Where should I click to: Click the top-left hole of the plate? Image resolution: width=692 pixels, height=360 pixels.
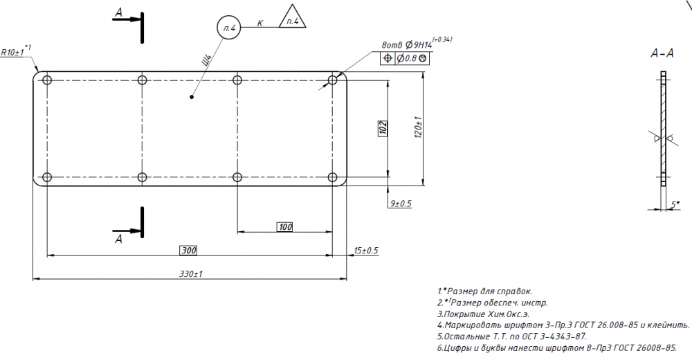coord(47,80)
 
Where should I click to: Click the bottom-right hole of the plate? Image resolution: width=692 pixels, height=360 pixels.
coord(332,177)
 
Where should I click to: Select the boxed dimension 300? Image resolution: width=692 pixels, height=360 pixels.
coord(188,251)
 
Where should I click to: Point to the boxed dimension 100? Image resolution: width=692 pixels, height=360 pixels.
coord(285,227)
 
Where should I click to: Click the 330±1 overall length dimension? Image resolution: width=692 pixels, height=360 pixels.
coord(191,274)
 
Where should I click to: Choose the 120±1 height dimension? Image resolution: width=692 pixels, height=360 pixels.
coord(419,127)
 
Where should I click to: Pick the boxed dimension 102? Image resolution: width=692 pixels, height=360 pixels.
coord(383,128)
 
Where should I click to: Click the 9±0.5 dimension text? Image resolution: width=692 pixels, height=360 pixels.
coord(400,204)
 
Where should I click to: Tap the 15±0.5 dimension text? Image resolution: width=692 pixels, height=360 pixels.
coord(366,251)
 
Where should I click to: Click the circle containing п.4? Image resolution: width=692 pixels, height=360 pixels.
coord(229,28)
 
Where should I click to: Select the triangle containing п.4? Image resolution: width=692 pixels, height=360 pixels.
coord(293,18)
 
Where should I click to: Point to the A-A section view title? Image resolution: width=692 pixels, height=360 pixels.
coord(662,53)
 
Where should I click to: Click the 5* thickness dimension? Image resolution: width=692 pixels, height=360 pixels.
coord(675,204)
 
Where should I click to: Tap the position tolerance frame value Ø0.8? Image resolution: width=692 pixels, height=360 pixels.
coord(407,58)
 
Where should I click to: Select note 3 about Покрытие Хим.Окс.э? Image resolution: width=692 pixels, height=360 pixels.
coord(483,314)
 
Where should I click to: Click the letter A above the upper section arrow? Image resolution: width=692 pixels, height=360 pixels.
coord(118,13)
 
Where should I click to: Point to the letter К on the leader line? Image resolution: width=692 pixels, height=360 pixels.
coord(260,23)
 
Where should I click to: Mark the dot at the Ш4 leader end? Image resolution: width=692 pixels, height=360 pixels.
coord(192,97)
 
